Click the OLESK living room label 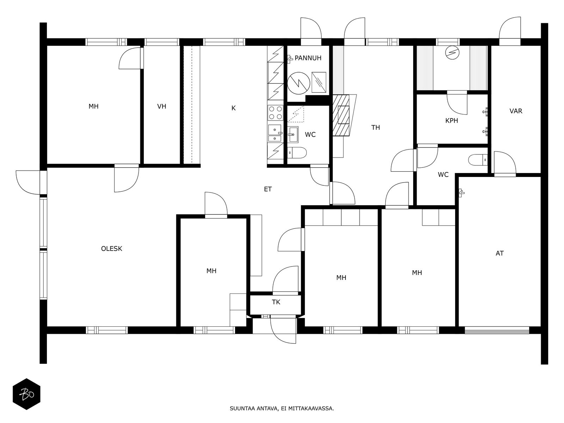coord(111,249)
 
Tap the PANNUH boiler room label coord(308,58)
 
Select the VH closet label coord(161,106)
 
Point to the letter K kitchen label coord(233,108)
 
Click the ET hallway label coord(268,189)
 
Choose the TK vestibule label coord(276,302)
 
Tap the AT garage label coord(499,253)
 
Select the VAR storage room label coord(516,111)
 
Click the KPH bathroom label coord(452,121)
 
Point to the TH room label coord(375,127)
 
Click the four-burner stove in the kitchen coord(275,113)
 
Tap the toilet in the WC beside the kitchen coord(297,153)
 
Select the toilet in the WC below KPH coord(478,160)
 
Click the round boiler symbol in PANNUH coord(299,83)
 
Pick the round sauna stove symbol coord(452,53)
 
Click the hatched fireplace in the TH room coord(341,115)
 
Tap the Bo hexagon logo coord(26,394)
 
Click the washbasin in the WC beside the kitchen coord(293,134)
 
